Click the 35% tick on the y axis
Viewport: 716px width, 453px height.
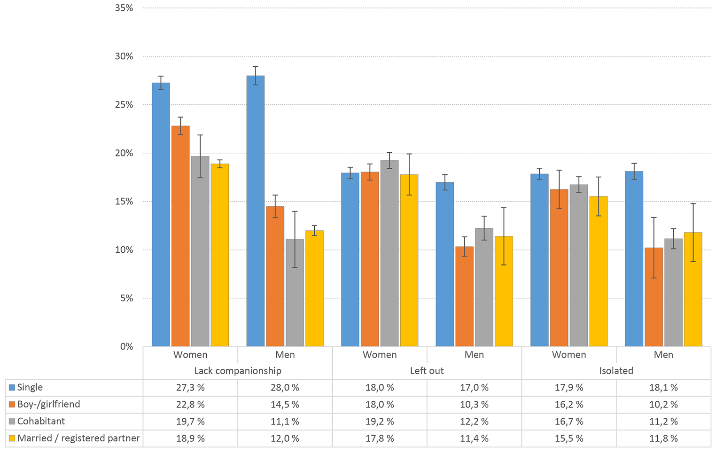click(124, 8)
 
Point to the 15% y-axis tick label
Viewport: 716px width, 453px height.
click(124, 202)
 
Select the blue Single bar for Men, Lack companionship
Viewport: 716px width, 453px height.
click(256, 211)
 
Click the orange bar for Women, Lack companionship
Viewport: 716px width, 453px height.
click(180, 236)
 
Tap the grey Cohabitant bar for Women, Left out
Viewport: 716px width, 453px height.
click(389, 253)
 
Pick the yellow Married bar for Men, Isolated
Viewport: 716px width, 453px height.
click(693, 289)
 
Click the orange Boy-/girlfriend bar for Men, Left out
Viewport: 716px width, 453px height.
click(465, 297)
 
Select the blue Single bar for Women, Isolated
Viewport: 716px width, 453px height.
click(539, 260)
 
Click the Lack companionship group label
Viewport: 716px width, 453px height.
click(238, 371)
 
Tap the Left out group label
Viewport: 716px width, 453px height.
click(427, 371)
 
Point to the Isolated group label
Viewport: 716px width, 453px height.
click(616, 371)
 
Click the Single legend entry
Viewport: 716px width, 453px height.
click(30, 388)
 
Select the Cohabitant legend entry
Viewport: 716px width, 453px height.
click(41, 422)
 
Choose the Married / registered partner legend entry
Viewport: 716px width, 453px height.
click(78, 438)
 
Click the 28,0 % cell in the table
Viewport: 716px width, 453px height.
click(285, 388)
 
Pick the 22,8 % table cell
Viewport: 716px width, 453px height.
click(190, 405)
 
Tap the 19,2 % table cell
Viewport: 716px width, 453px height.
click(380, 422)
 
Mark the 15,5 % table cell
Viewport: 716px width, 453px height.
click(569, 438)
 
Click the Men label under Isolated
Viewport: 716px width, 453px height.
click(663, 355)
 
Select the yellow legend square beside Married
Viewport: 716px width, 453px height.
click(12, 438)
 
